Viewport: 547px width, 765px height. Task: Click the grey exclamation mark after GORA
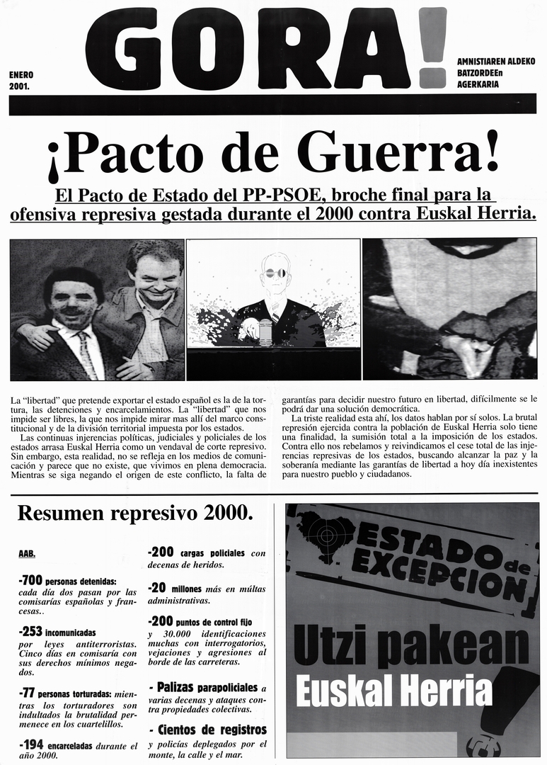click(432, 47)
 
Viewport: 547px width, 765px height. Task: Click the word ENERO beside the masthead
click(21, 74)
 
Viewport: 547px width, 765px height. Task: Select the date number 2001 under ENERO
click(20, 86)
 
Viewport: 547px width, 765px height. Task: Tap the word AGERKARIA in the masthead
click(478, 84)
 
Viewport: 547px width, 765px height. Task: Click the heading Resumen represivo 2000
click(135, 514)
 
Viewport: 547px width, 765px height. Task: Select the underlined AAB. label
click(27, 553)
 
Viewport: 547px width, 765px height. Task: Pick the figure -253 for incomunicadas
click(30, 630)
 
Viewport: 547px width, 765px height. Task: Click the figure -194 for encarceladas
click(30, 745)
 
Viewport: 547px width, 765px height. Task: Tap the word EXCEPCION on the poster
click(438, 574)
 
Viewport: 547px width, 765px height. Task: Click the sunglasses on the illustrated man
click(275, 273)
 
